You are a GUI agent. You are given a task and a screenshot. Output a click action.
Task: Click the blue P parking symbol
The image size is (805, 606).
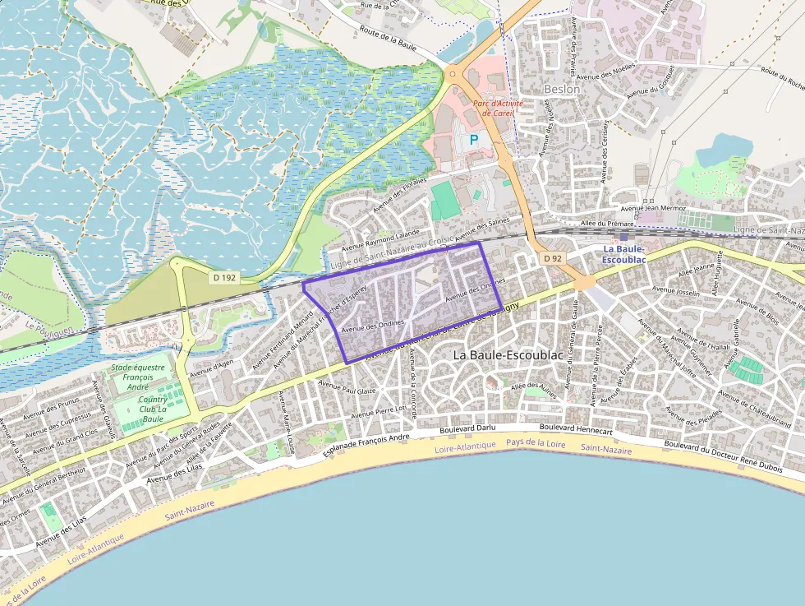(x=473, y=141)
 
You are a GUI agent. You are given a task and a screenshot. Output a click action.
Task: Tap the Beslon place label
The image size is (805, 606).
(x=562, y=89)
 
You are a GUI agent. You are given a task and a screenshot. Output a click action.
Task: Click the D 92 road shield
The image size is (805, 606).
(x=553, y=258)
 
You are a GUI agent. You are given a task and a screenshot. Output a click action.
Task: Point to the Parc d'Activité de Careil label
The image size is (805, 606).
(x=498, y=109)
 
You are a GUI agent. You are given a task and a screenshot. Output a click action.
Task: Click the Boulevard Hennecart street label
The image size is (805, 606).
(x=576, y=429)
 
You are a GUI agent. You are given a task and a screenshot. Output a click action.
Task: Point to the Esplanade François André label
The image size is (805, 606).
(x=366, y=444)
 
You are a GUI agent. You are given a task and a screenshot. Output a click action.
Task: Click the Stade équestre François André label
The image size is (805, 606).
(x=138, y=377)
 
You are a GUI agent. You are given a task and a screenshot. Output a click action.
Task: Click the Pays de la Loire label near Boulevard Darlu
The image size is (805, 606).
(x=536, y=442)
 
